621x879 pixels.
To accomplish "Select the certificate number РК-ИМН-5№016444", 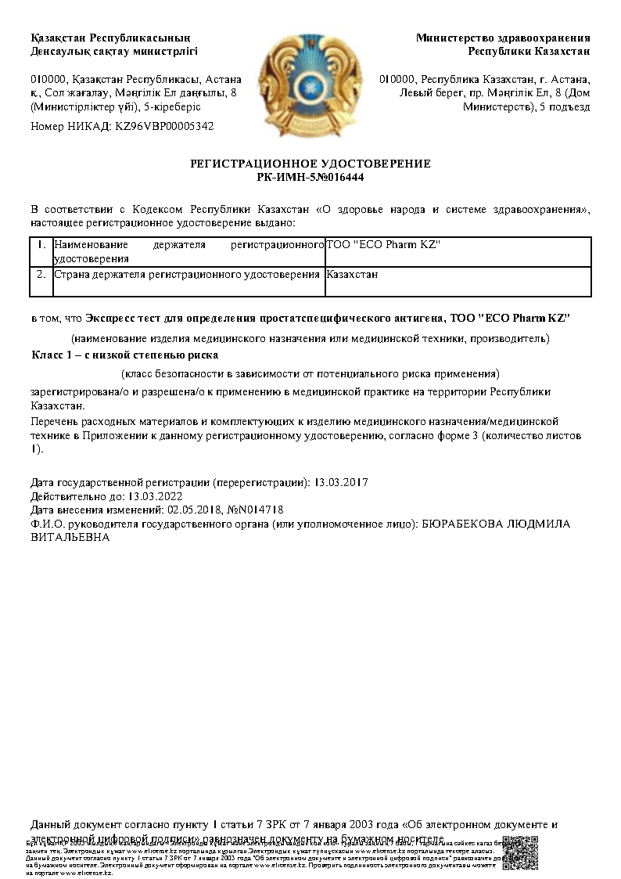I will (x=310, y=177).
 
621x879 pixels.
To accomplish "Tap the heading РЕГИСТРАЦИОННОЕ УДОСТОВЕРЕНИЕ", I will (x=310, y=164).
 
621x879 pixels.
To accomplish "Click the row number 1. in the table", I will (x=41, y=246).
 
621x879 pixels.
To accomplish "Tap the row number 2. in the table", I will (x=41, y=275).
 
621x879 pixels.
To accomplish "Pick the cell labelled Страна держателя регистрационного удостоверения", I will (x=187, y=275).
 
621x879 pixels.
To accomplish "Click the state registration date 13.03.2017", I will (x=342, y=482).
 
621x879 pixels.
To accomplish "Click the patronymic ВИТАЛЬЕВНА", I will (x=70, y=538).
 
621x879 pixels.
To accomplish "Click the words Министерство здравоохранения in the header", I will (x=503, y=38).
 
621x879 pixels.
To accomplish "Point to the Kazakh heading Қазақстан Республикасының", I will (x=109, y=38).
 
